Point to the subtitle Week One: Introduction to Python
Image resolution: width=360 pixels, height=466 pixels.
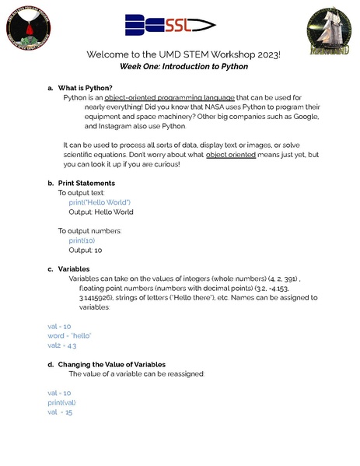(184, 68)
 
